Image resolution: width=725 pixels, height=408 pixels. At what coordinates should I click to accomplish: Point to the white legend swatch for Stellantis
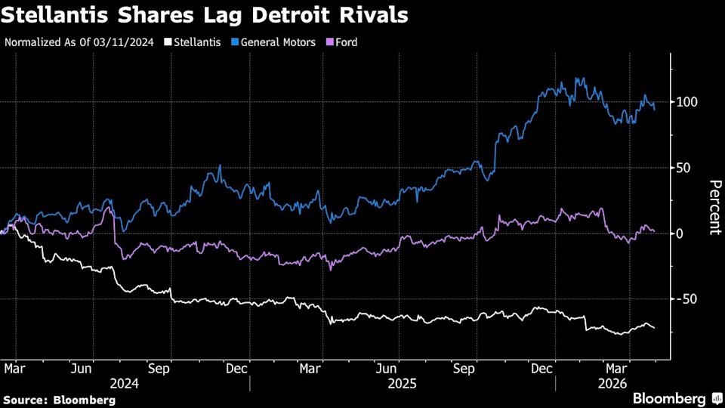169,42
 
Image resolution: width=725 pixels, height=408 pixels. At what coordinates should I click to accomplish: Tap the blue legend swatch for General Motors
235,42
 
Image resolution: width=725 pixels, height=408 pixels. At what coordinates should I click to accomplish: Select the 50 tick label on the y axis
684,168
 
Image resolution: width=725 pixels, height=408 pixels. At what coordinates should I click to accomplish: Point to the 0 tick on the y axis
680,233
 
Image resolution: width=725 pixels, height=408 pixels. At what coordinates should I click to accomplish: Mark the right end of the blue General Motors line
654,110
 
